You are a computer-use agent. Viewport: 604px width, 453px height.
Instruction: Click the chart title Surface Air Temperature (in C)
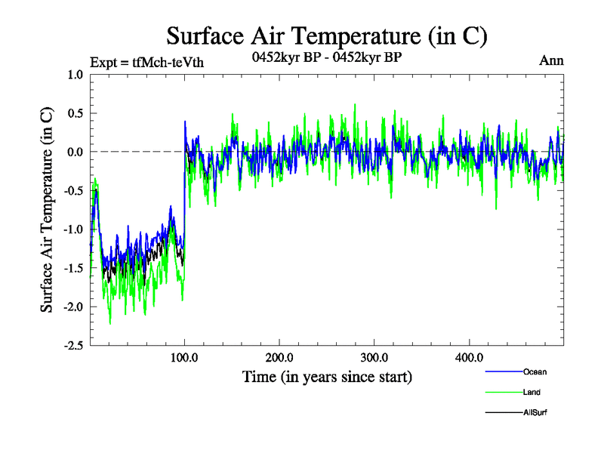coord(326,36)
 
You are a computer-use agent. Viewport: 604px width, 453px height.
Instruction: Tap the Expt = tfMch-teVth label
coord(146,62)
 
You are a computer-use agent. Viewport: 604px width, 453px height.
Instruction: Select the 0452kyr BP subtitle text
coord(326,57)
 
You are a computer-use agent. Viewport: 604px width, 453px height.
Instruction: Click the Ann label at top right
coord(551,61)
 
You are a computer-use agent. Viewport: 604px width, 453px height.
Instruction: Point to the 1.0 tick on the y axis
coord(75,75)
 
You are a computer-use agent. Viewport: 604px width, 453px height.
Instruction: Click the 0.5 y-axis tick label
coord(75,113)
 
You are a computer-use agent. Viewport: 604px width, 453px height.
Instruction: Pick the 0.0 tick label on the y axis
coord(75,152)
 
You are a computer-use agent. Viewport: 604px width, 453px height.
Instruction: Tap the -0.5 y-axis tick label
coord(73,190)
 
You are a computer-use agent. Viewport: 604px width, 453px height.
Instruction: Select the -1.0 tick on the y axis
coord(73,229)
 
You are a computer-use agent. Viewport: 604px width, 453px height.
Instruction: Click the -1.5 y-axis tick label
coord(73,268)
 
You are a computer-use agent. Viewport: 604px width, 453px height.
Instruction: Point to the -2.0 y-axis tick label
coord(73,307)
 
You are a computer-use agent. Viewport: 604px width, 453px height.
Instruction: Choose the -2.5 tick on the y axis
coord(73,345)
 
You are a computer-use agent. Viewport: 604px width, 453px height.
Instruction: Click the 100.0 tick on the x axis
coord(185,356)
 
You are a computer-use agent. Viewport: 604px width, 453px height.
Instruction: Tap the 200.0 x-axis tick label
coord(279,356)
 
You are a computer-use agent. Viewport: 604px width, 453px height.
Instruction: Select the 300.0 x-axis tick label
coord(374,356)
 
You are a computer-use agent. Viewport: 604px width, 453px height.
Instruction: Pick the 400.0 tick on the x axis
coord(469,356)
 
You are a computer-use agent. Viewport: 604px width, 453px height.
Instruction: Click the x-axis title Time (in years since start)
coord(327,376)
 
